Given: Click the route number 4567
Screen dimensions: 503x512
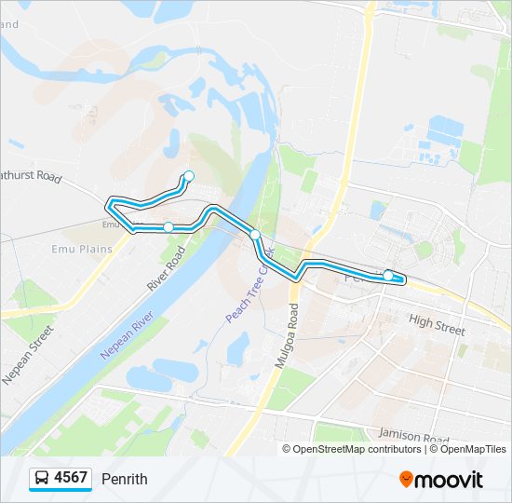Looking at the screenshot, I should pyautogui.click(x=71, y=478).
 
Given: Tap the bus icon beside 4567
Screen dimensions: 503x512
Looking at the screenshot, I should pyautogui.click(x=43, y=479).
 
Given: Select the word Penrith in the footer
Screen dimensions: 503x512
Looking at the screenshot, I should pyautogui.click(x=125, y=479).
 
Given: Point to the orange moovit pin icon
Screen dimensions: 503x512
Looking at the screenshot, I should pyautogui.click(x=406, y=479).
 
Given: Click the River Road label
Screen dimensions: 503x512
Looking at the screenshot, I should pyautogui.click(x=168, y=270).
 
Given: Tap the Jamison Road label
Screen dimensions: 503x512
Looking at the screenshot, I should pyautogui.click(x=414, y=435).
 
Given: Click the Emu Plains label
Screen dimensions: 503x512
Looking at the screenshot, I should pyautogui.click(x=82, y=249).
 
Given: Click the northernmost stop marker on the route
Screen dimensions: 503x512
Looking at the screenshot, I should pyautogui.click(x=189, y=176).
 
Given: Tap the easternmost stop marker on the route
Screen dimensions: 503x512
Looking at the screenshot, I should pyautogui.click(x=388, y=275).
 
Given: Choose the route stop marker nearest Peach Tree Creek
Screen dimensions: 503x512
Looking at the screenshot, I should pyautogui.click(x=254, y=235).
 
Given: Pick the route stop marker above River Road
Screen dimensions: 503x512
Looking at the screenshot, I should pyautogui.click(x=168, y=227).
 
